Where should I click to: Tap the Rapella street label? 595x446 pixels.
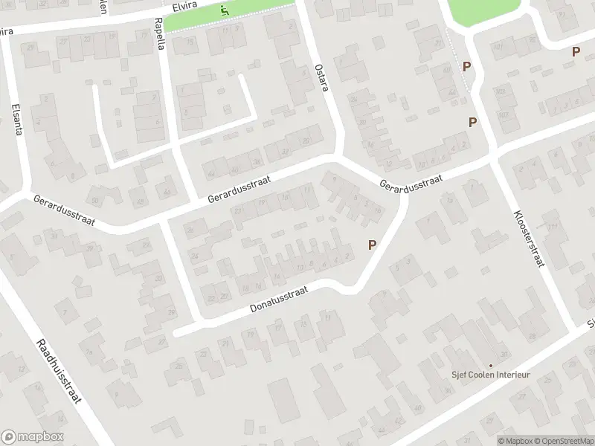pyautogui.click(x=158, y=33)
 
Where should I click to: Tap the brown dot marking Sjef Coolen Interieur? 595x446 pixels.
pyautogui.click(x=490, y=365)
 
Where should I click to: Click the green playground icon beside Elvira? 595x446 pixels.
pyautogui.click(x=225, y=10)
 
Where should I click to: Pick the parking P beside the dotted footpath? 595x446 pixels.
pyautogui.click(x=466, y=66)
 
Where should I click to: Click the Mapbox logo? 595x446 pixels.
pyautogui.click(x=32, y=437)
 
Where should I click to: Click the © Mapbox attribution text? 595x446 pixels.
pyautogui.click(x=515, y=440)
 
